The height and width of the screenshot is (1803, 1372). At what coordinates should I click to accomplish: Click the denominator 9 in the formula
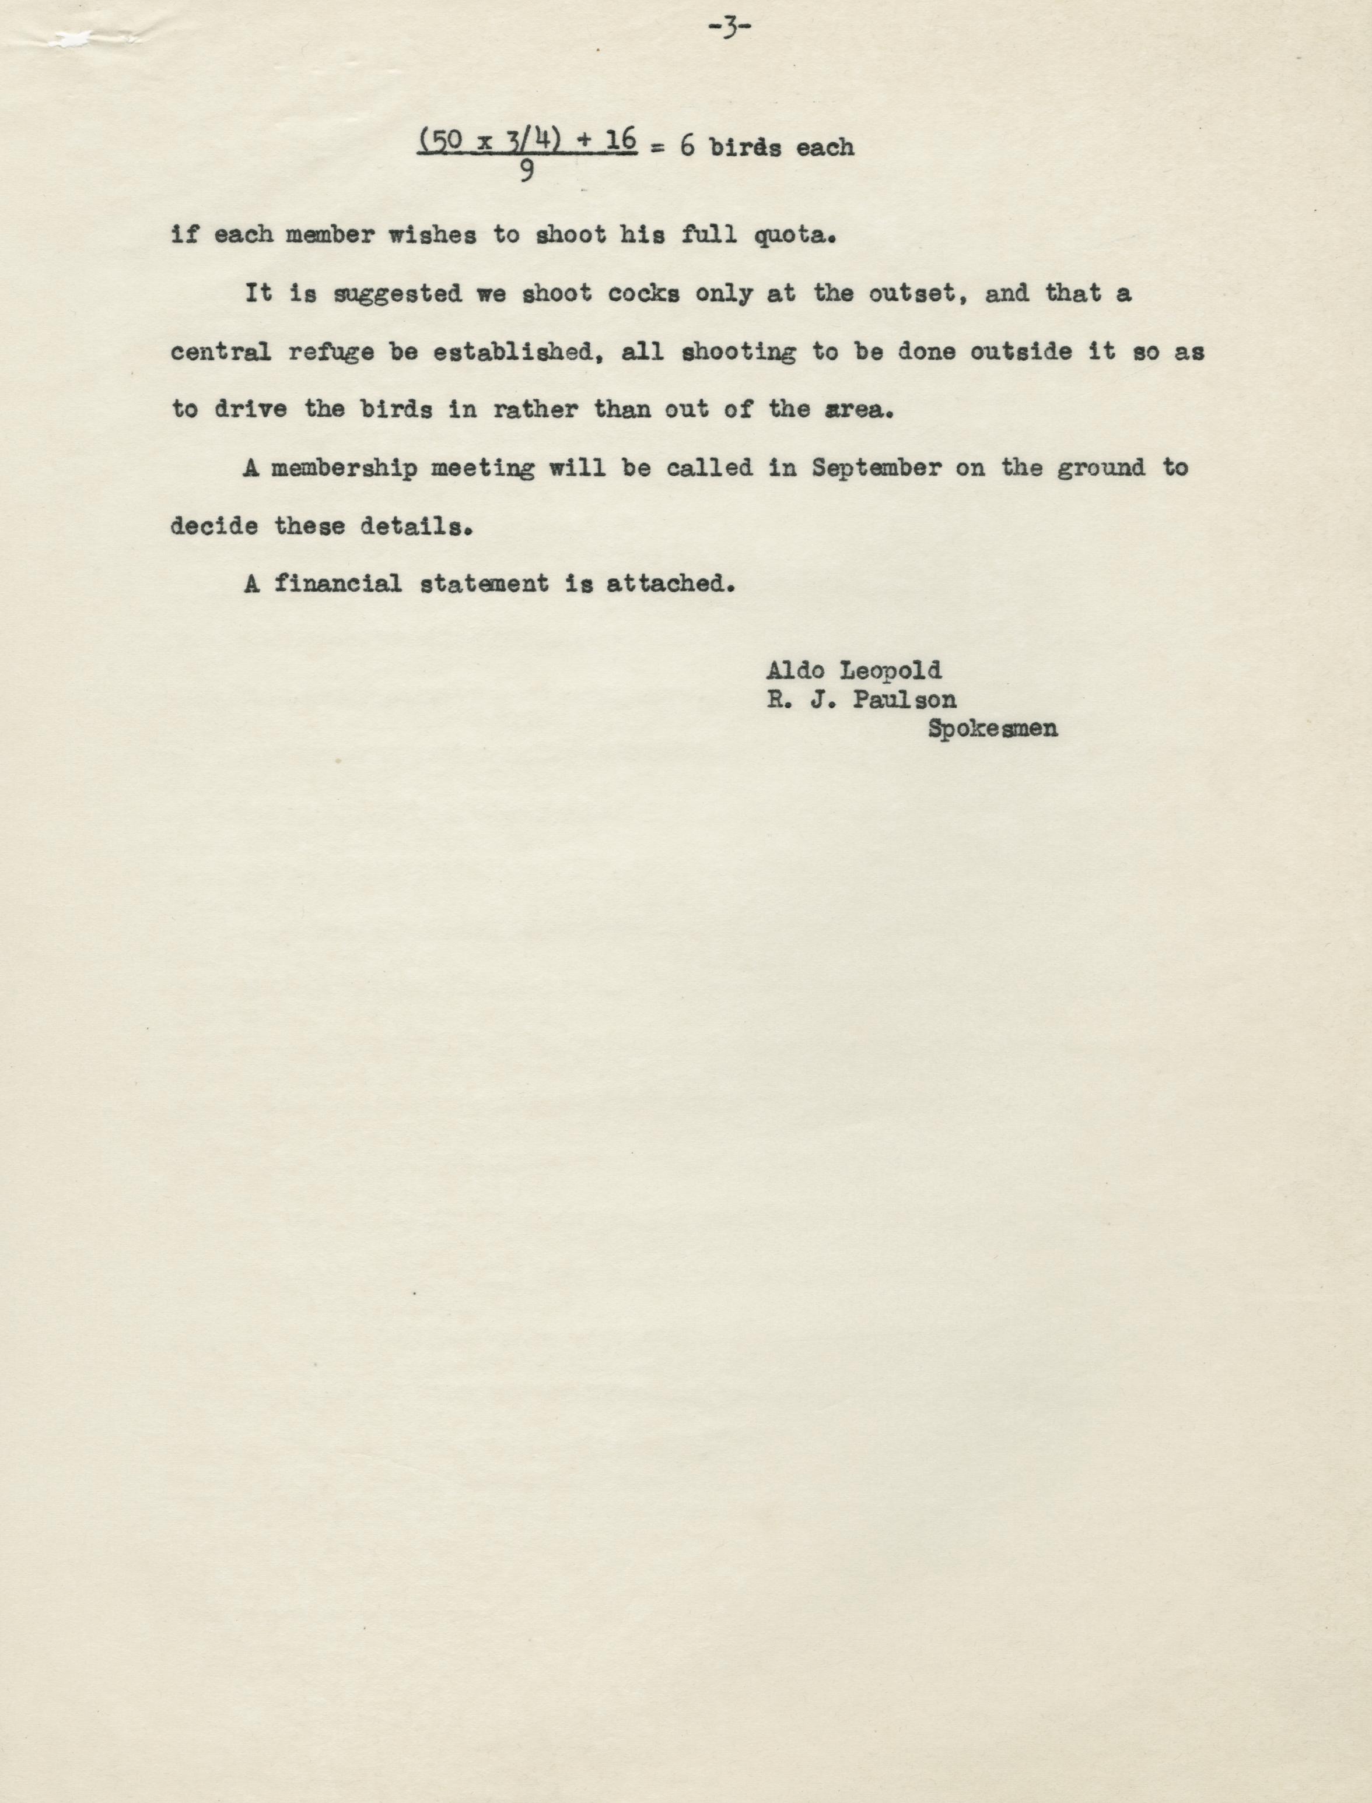pos(526,171)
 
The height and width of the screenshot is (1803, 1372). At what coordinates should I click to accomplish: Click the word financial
pos(337,584)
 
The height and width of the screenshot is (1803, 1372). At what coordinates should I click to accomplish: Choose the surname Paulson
pos(904,700)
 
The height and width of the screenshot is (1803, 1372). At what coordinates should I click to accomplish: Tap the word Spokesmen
pos(992,729)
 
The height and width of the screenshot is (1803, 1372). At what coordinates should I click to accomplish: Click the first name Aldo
pos(794,671)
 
